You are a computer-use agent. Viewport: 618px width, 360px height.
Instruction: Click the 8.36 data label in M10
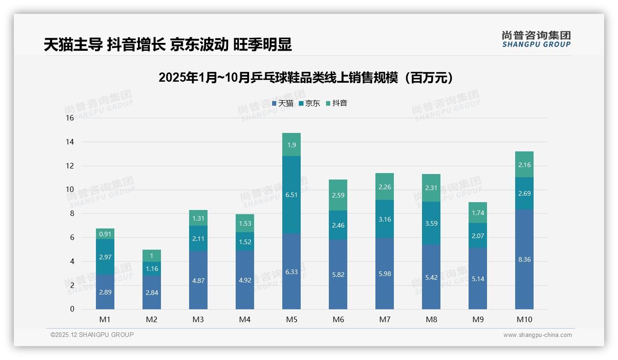click(524, 259)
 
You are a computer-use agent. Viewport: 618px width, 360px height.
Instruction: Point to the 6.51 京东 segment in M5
click(291, 195)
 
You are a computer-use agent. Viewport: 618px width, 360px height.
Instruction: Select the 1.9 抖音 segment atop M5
click(291, 145)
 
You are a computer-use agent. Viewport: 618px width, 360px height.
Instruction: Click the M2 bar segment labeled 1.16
click(152, 268)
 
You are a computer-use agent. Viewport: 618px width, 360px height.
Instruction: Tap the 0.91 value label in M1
click(105, 234)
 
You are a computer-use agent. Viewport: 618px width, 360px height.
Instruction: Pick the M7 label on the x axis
click(385, 319)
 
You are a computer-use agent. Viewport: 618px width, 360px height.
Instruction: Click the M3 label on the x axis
click(198, 319)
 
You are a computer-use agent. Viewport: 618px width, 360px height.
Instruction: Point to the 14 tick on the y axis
click(70, 142)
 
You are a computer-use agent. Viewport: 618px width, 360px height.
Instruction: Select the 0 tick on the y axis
click(72, 309)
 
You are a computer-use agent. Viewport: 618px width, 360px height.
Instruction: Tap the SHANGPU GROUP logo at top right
click(536, 39)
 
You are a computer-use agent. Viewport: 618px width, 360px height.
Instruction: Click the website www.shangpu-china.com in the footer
click(537, 335)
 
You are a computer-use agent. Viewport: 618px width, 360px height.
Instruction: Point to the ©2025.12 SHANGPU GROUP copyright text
click(92, 335)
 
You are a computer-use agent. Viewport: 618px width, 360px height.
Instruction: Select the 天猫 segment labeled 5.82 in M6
click(338, 275)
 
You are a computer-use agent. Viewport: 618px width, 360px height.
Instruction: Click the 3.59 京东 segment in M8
click(431, 223)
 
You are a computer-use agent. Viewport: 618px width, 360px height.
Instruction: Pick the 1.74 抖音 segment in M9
click(478, 213)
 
